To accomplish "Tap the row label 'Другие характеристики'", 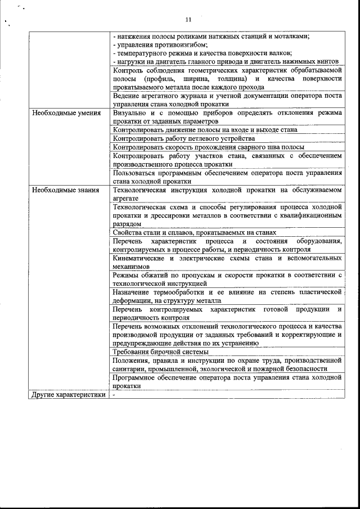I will coord(69,394).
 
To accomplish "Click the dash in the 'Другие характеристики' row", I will coord(114,394).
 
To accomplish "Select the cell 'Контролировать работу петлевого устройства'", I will coord(184,138).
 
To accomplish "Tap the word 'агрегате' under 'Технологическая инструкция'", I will coord(126,199).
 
